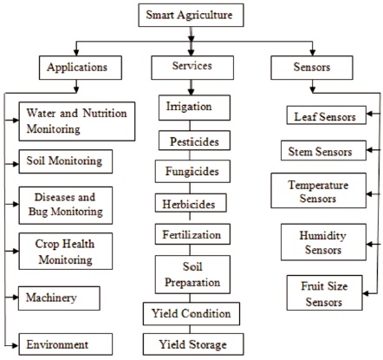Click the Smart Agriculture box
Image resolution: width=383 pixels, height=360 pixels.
(191, 15)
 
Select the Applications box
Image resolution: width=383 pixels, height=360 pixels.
(81, 68)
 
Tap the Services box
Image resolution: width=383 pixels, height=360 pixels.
(192, 68)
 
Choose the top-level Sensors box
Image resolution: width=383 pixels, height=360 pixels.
(312, 68)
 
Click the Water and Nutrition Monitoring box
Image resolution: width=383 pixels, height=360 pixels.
(77, 121)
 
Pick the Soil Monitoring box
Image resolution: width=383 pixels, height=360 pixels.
(66, 161)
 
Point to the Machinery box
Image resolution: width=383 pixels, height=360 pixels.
(59, 298)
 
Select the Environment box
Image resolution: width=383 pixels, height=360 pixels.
(66, 344)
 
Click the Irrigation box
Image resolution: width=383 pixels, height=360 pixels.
(194, 108)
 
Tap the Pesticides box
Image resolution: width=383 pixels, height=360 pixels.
(194, 141)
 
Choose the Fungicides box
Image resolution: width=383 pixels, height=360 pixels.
(192, 171)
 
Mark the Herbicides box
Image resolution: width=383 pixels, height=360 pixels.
(191, 203)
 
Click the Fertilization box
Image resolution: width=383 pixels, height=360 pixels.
(192, 234)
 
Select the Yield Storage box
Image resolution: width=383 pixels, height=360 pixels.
(193, 344)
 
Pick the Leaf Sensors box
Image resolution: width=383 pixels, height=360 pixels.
(327, 115)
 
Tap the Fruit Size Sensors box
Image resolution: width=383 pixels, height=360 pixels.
(324, 292)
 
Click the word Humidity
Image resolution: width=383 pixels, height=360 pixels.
(322, 236)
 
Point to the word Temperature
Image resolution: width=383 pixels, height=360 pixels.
(318, 186)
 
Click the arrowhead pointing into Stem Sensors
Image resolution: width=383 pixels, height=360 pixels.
(369, 150)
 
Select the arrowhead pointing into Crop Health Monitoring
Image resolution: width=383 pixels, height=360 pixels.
(16, 251)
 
